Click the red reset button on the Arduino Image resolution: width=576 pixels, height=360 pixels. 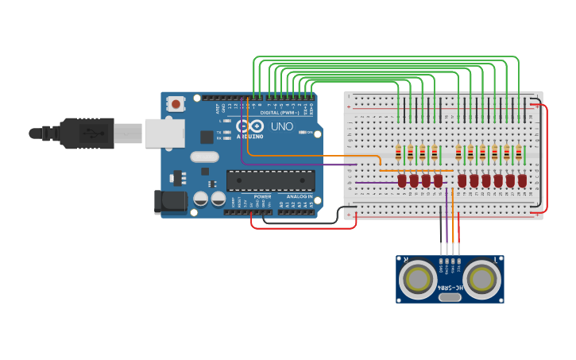[x=176, y=103]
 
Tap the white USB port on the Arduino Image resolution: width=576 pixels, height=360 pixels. [x=164, y=132]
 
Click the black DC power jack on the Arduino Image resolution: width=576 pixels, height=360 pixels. [x=171, y=202]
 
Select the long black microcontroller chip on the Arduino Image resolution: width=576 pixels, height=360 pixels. [x=270, y=180]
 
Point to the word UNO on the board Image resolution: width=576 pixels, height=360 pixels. [x=282, y=126]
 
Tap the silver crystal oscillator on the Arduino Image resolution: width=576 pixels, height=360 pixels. [x=204, y=157]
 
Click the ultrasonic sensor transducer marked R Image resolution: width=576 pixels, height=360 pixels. [x=416, y=280]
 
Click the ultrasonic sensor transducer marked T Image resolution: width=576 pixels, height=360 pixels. [x=482, y=280]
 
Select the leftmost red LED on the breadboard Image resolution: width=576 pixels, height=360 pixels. [x=402, y=180]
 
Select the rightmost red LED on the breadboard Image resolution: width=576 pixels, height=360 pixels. [x=522, y=180]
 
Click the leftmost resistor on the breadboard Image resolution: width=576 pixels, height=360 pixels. [x=399, y=153]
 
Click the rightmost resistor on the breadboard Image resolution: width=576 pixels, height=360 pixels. [x=519, y=153]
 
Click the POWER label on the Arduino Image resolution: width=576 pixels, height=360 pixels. [x=262, y=196]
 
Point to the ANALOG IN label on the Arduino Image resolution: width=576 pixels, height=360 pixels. [x=299, y=196]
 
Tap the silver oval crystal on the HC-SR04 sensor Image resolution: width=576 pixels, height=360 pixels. [x=449, y=297]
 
